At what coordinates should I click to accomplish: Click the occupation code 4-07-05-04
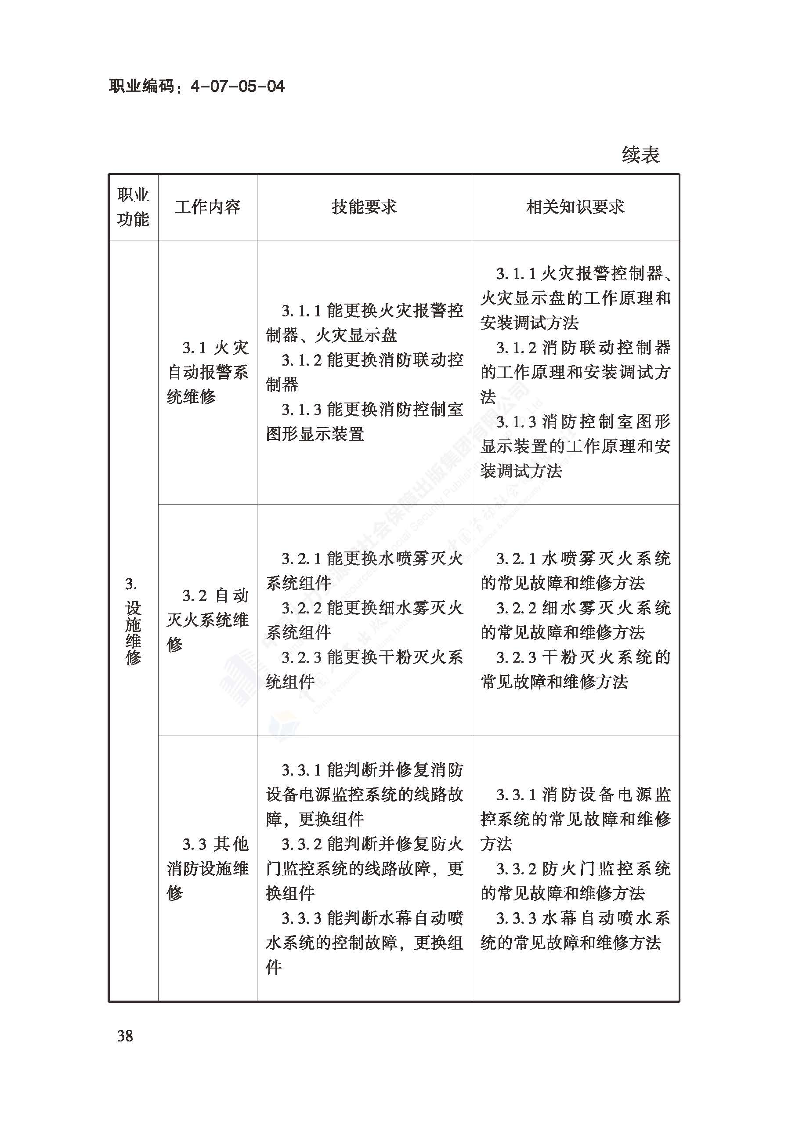click(x=237, y=87)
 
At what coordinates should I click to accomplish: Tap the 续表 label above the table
click(x=640, y=155)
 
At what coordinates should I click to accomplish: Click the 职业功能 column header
click(x=133, y=207)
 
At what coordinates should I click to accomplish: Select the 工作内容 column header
click(x=208, y=207)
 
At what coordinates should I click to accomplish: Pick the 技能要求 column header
click(x=364, y=207)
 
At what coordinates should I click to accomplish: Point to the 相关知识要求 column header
click(x=575, y=207)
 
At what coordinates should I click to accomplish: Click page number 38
click(x=125, y=1036)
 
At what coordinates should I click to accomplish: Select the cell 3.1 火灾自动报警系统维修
click(x=208, y=372)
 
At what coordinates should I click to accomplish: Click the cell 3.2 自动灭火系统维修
click(x=208, y=620)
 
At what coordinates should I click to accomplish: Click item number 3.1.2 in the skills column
click(x=301, y=360)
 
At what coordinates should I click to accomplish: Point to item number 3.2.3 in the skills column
click(x=301, y=657)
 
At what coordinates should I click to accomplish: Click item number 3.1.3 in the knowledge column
click(x=516, y=422)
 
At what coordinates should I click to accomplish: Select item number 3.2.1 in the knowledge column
click(x=516, y=559)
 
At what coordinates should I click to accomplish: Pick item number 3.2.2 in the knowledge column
click(x=516, y=608)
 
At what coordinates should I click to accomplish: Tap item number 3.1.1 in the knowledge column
click(x=516, y=274)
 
